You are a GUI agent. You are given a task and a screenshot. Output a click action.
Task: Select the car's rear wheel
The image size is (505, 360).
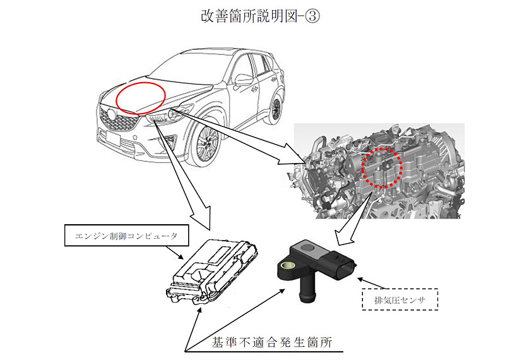(x=275, y=109)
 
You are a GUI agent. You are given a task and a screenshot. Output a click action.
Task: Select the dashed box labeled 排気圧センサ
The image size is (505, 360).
(x=390, y=299)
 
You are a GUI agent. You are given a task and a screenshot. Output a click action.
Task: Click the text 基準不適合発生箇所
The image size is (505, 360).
(x=280, y=343)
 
